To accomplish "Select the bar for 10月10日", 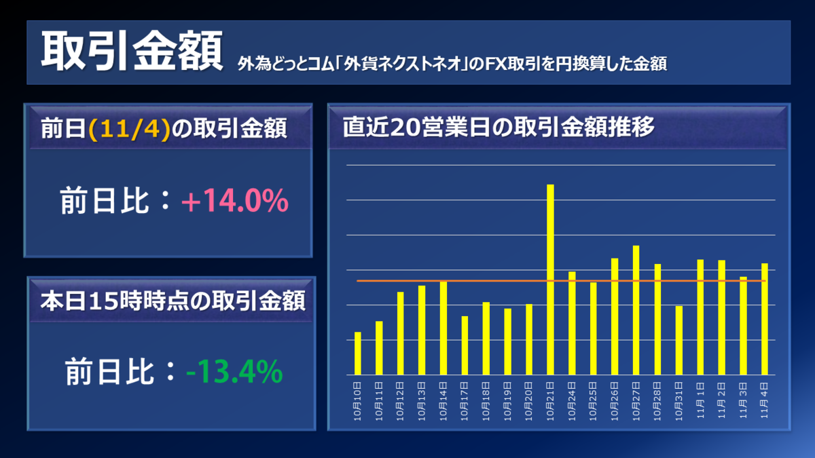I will (358, 353).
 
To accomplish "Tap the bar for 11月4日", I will (765, 319).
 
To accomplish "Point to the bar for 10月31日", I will (679, 340).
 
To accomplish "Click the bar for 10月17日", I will (465, 345).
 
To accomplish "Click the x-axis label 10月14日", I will (443, 401).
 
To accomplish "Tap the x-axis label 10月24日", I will (572, 401).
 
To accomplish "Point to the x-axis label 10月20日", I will (529, 401).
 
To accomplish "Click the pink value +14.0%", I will (235, 202).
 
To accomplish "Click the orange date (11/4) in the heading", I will (128, 129).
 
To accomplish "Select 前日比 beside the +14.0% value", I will (103, 202).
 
